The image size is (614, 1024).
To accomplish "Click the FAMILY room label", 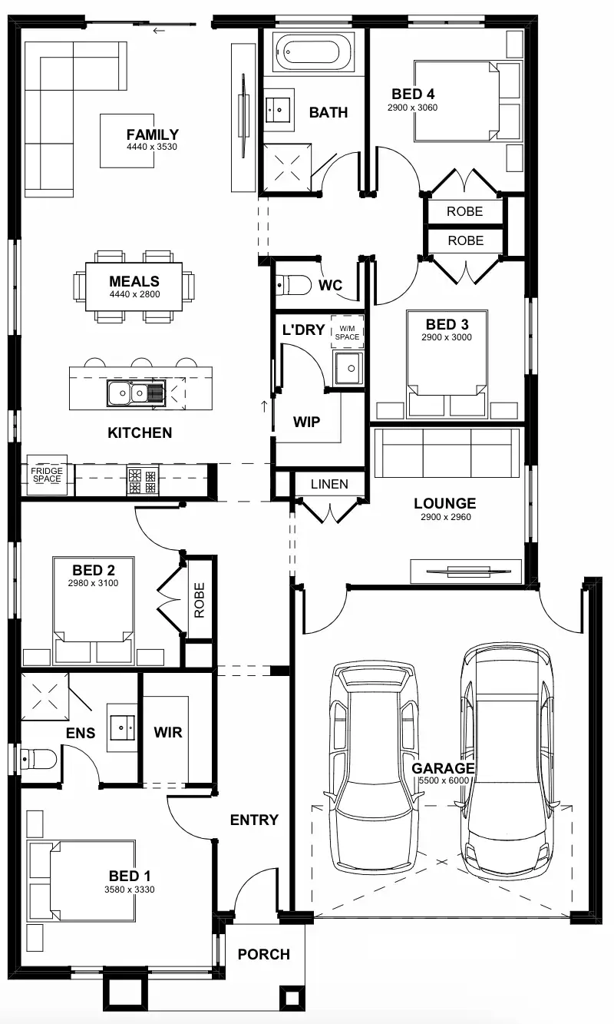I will tap(152, 134).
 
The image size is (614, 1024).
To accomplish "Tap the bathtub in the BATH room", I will tap(312, 53).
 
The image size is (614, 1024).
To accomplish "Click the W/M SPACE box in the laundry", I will tap(347, 332).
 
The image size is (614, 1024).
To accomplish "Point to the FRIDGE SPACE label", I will tap(46, 474).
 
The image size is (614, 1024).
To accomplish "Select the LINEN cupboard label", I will tap(329, 484).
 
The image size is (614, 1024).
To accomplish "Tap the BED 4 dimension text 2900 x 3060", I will tap(412, 108).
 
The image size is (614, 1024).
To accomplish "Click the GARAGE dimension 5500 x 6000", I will tap(443, 780).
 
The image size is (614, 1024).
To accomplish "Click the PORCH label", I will tap(263, 954).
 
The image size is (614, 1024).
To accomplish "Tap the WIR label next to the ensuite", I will tap(167, 732).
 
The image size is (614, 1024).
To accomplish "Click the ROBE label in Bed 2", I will tap(200, 599).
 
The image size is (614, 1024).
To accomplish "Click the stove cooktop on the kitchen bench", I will tap(144, 481).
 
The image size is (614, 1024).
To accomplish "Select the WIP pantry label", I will tap(306, 422).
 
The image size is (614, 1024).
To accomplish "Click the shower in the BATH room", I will tap(288, 164).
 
